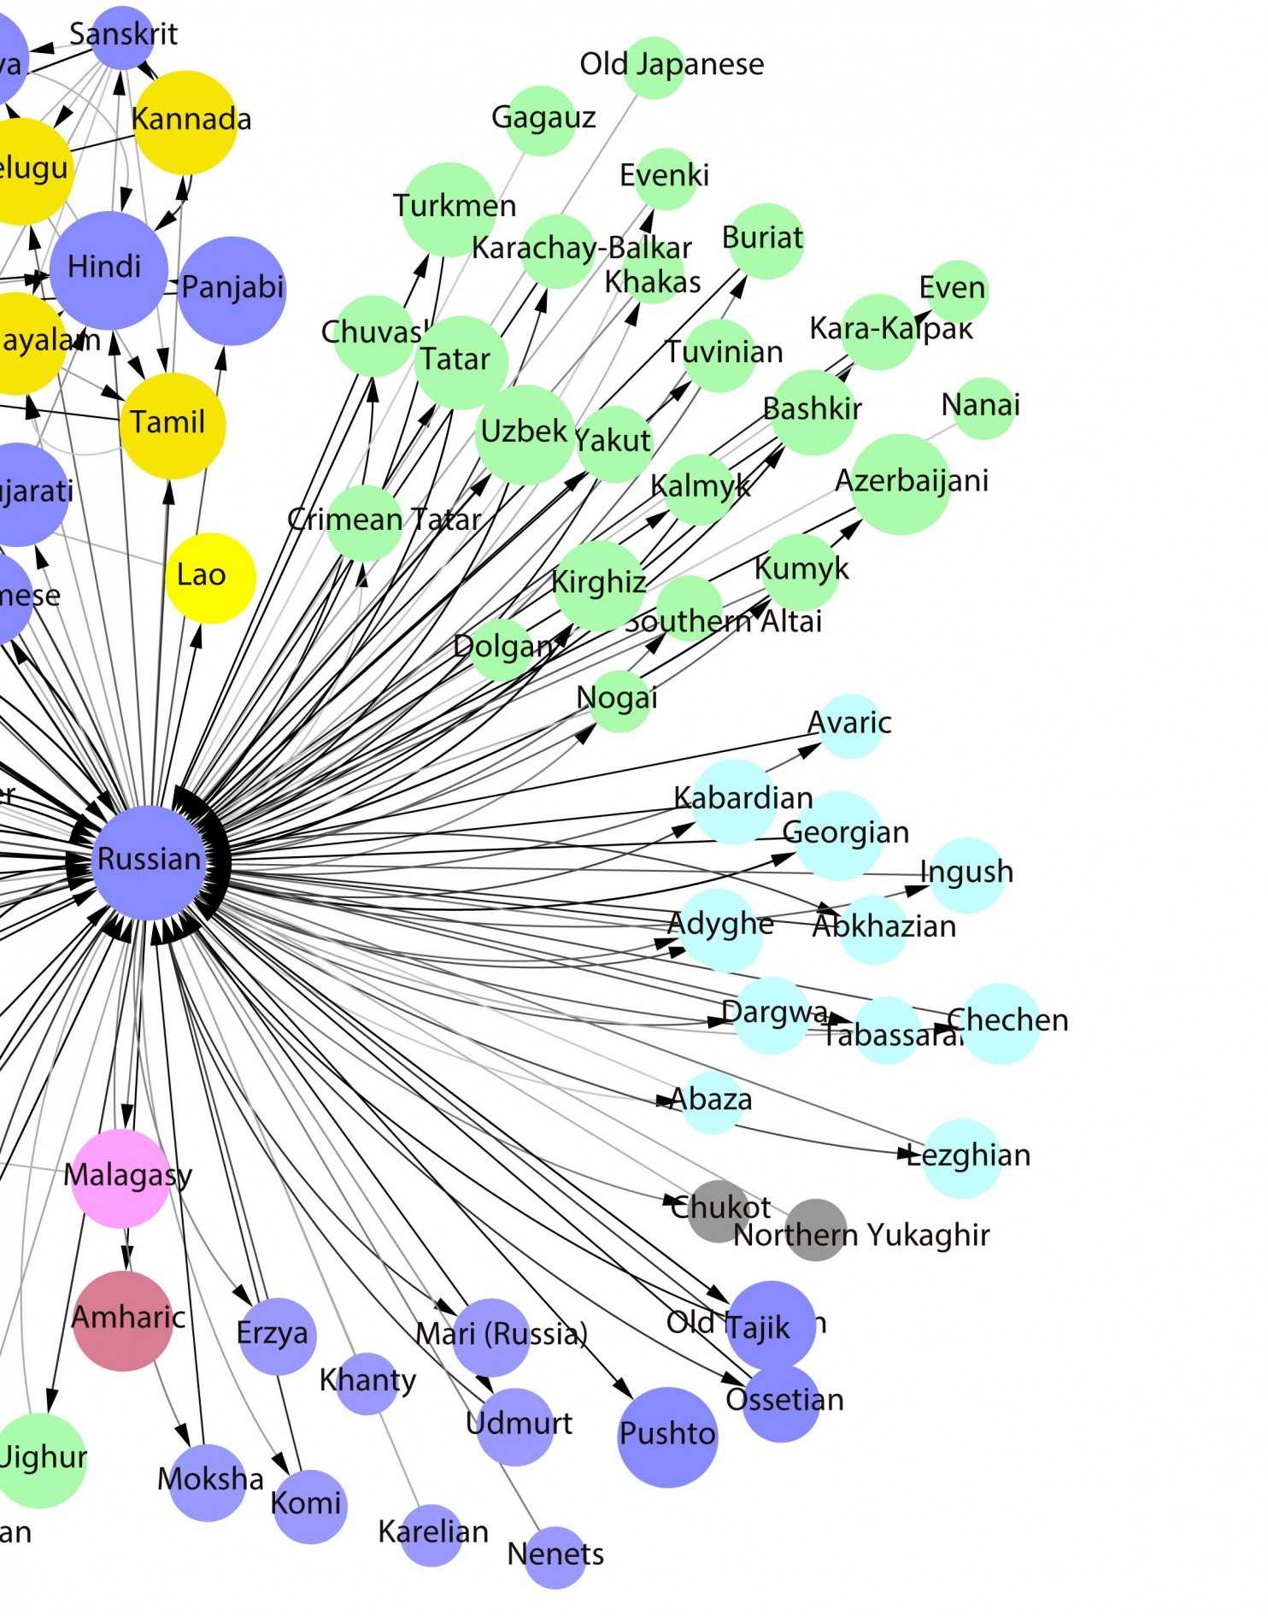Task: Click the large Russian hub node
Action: [150, 861]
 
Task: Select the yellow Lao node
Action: [210, 578]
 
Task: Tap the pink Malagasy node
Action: [120, 1178]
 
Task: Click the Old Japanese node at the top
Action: [654, 68]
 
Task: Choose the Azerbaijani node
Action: [901, 484]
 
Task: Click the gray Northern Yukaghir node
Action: [816, 1230]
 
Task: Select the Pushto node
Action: [667, 1437]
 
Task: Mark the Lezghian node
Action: [962, 1158]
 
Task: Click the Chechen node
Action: [1001, 1023]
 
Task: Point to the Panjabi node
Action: [232, 291]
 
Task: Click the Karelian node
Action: [432, 1535]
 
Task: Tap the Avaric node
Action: [850, 726]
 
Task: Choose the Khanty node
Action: [367, 1383]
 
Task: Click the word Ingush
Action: [966, 872]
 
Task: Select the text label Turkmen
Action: [455, 206]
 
